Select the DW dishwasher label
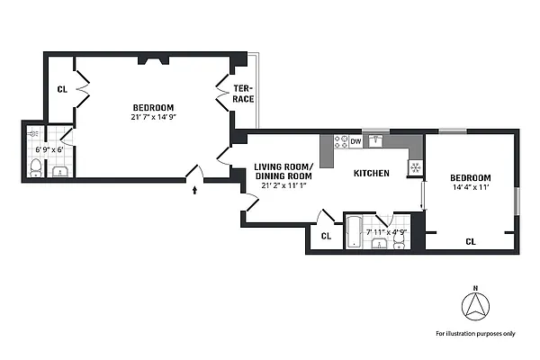click(x=355, y=141)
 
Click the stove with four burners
click(x=341, y=141)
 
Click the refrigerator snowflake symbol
click(x=415, y=166)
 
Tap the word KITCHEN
click(x=371, y=173)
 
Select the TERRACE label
click(x=242, y=93)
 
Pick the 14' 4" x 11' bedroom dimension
click(x=471, y=187)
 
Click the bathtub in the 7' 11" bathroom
click(x=354, y=232)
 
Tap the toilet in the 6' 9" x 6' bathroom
click(x=34, y=167)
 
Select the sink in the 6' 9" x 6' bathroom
click(x=58, y=171)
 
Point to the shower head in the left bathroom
click(x=31, y=133)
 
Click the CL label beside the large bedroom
click(x=62, y=89)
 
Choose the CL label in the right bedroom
click(x=470, y=241)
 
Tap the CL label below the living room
click(x=326, y=237)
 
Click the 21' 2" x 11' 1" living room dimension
click(x=283, y=184)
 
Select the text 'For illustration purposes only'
click(x=476, y=333)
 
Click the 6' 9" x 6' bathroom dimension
click(x=49, y=148)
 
